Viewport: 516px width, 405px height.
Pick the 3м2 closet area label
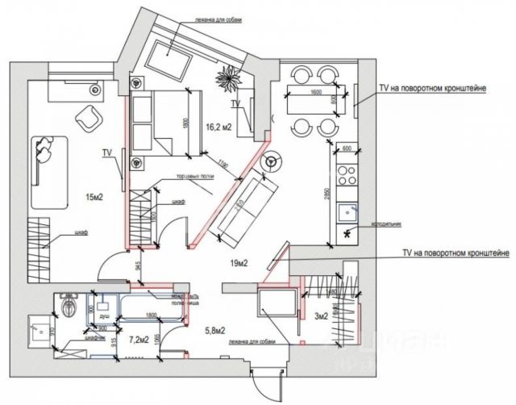coord(320,315)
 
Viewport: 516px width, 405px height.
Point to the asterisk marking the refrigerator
coord(347,235)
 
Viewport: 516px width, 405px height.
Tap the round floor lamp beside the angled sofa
coord(271,161)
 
